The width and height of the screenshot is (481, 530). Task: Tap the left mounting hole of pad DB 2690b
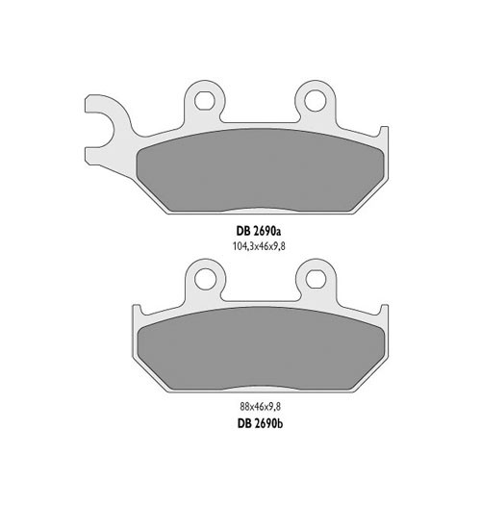click(203, 277)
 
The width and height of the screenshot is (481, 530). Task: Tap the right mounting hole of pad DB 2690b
click(315, 277)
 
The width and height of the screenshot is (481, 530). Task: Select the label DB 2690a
click(259, 231)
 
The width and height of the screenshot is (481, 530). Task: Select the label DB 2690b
click(259, 421)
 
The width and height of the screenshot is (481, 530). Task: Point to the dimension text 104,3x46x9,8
click(259, 246)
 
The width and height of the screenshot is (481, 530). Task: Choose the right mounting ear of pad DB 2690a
click(314, 104)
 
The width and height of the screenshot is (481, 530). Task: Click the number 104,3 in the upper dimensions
click(241, 246)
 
